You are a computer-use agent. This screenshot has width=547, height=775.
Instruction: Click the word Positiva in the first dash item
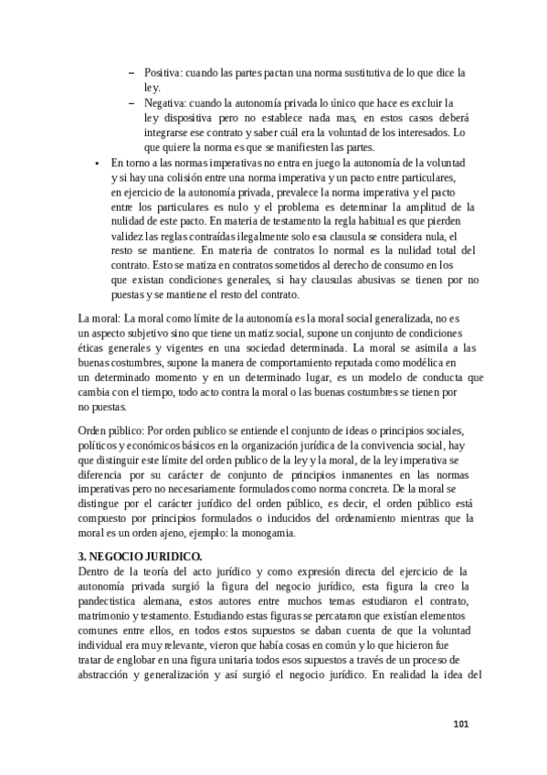click(x=163, y=71)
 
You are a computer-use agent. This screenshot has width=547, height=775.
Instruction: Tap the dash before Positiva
click(x=133, y=71)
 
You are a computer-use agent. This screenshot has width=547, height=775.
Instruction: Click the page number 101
click(x=461, y=725)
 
